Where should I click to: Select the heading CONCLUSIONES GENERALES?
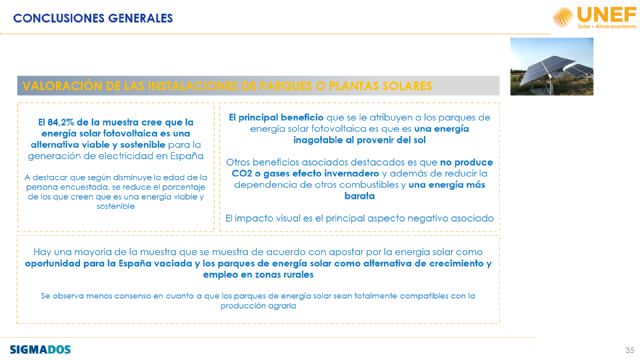click(x=71, y=17)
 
